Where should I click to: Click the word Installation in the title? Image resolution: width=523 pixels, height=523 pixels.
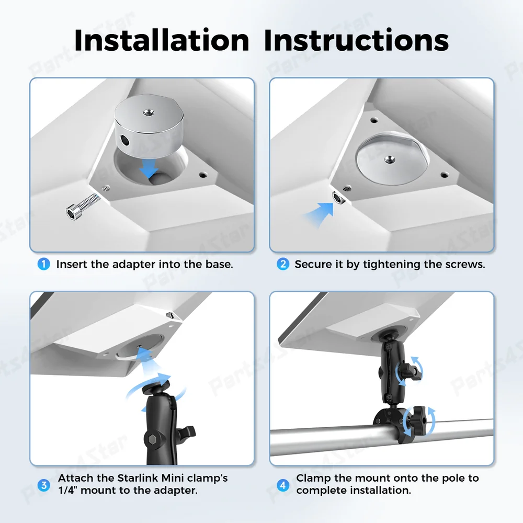click(162, 40)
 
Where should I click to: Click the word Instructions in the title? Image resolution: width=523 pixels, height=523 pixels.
click(356, 40)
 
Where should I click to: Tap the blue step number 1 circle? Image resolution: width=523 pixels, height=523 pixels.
click(44, 264)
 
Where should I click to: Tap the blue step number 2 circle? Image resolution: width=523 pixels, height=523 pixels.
click(283, 264)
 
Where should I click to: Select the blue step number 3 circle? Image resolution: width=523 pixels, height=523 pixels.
click(44, 485)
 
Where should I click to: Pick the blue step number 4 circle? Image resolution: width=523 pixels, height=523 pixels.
click(283, 485)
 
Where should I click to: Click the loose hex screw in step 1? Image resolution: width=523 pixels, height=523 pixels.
click(83, 206)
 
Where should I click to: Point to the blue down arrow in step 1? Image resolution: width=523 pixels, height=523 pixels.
click(149, 168)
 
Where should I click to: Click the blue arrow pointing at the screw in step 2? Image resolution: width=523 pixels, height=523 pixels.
click(319, 214)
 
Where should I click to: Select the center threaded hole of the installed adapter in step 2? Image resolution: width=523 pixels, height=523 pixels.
click(388, 160)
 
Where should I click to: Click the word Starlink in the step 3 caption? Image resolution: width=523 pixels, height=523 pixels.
click(138, 478)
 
